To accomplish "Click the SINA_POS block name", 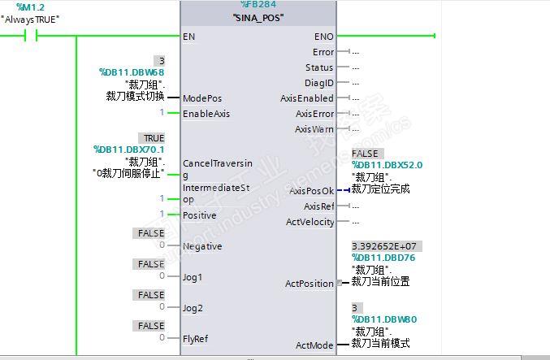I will click(258, 17).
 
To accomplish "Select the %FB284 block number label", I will click(258, 5).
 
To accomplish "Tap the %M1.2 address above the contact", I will click(30, 7).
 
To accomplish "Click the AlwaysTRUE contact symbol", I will click(32, 36).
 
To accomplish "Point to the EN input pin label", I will click(189, 37).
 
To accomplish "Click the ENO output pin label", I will click(323, 37).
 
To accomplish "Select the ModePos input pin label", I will click(202, 98).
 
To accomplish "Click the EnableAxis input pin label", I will click(206, 114).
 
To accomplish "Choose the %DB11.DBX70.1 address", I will click(128, 150).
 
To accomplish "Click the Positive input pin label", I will click(200, 215).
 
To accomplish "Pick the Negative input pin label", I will click(202, 246).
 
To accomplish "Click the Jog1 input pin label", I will click(193, 277).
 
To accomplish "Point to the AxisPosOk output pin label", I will click(311, 191).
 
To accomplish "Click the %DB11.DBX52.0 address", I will click(387, 165).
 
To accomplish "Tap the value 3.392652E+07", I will click(387, 245).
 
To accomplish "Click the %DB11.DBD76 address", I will click(383, 258).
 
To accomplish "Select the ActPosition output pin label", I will click(309, 284).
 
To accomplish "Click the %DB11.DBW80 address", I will click(383, 319).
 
